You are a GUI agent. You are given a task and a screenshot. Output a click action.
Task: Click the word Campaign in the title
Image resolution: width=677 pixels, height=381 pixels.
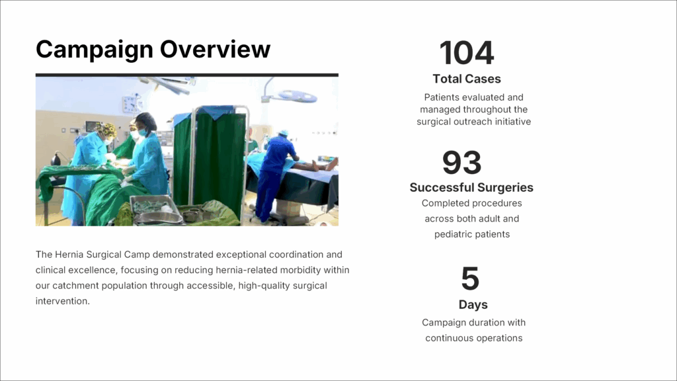point(95,50)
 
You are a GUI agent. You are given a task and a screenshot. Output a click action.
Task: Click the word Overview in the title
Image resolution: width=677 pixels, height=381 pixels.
point(216,49)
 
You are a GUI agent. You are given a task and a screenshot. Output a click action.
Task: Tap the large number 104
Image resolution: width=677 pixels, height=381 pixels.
point(466,53)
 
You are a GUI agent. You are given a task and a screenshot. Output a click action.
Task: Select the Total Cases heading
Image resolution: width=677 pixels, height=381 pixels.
point(467,79)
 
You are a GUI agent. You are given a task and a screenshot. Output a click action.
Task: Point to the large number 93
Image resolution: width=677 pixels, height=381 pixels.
point(461,163)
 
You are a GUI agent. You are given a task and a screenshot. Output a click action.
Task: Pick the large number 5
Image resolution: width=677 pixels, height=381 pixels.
point(470,278)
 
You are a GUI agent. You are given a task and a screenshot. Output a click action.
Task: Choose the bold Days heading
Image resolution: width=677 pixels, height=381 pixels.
point(473,304)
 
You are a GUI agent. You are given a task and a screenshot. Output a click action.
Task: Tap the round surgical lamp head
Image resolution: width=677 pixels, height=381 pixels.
point(298,96)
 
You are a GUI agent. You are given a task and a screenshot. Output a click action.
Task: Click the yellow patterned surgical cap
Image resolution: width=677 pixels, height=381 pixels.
point(107,129)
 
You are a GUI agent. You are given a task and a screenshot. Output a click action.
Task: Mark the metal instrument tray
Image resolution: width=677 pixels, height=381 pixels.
point(155,209)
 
